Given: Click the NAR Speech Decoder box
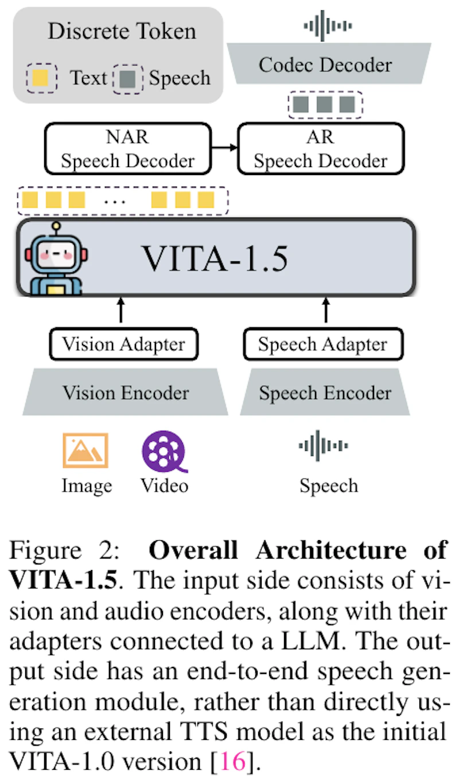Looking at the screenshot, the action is tap(128, 149).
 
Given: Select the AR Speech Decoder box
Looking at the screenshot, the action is tap(321, 149).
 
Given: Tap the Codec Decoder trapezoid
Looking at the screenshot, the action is tap(329, 64).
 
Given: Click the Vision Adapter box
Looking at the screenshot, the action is tap(124, 344).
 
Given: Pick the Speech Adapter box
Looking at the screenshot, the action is tap(323, 344).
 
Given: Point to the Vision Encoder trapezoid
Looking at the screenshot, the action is tap(126, 392).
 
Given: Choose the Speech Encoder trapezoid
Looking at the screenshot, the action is tap(325, 392).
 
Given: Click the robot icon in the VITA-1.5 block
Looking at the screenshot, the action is tap(56, 259).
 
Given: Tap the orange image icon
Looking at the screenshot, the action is tap(85, 450).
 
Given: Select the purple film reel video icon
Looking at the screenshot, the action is tap(164, 451).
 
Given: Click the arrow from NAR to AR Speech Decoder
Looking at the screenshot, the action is tap(224, 148).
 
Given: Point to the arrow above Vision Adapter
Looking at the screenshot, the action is tap(121, 310).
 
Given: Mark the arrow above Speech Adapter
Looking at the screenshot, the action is tap(326, 310).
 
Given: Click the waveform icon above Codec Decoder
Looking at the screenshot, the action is tap(328, 26).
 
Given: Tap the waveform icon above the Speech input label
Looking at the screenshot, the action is tap(323, 445).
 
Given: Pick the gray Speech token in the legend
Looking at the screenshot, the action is tap(128, 79).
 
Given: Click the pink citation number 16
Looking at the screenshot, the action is tap(232, 761).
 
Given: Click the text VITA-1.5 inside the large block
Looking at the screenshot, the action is tap(215, 259).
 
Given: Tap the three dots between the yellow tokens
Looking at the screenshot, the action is tap(115, 201).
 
